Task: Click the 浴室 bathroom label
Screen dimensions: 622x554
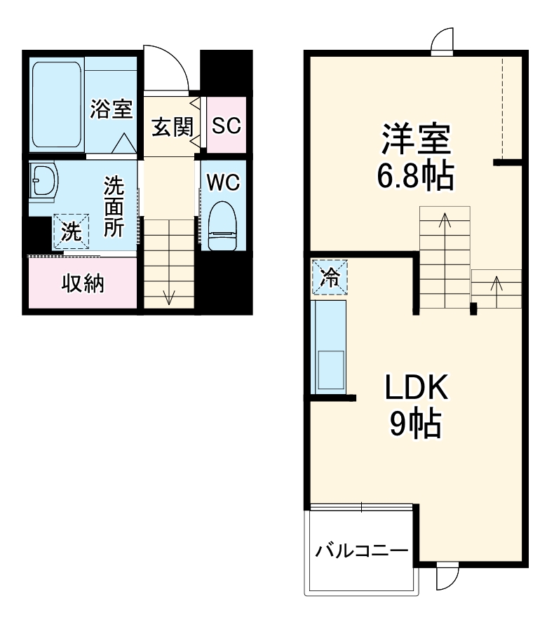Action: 112,109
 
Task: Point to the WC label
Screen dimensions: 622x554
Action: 223,182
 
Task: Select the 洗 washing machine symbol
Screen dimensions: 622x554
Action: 70,231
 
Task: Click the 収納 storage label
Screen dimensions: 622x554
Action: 83,284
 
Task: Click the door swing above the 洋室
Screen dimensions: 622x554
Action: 443,41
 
